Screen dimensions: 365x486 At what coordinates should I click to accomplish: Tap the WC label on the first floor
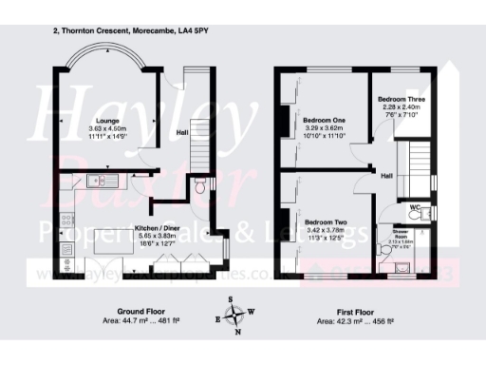click(416, 205)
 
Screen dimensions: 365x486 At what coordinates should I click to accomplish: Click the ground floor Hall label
click(182, 132)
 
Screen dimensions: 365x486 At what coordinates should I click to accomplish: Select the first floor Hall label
click(387, 176)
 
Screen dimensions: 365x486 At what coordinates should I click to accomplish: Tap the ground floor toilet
click(198, 189)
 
